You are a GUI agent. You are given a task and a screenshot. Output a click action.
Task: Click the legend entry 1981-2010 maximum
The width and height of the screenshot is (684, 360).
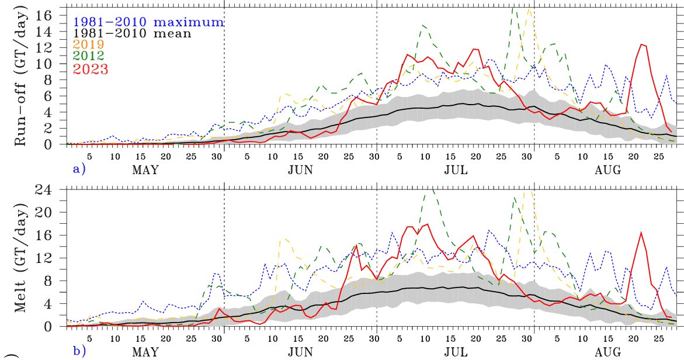point(148,22)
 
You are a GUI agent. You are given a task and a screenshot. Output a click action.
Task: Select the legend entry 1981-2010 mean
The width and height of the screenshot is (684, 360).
point(132,33)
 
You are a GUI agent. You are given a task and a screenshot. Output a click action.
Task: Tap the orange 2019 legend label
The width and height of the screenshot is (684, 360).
point(89,44)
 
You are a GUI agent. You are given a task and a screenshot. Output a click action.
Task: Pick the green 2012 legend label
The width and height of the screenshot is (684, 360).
point(89,56)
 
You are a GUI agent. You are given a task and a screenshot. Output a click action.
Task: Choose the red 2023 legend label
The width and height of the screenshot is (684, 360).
point(91,68)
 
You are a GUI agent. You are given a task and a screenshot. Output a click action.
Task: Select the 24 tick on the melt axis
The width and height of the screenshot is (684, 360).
point(53,191)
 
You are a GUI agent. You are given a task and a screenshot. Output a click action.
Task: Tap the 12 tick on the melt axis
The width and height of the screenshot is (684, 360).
point(53,258)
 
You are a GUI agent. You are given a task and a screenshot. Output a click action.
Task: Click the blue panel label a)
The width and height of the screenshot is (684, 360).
point(78,169)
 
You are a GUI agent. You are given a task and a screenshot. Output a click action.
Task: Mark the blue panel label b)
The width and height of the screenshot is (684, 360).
point(78,351)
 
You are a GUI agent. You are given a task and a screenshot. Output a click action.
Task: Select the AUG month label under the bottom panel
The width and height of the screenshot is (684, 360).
point(609,352)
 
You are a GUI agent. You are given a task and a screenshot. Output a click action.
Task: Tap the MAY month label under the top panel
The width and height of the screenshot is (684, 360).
point(146,171)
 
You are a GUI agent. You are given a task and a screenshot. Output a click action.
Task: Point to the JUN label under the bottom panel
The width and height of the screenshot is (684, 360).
point(300,352)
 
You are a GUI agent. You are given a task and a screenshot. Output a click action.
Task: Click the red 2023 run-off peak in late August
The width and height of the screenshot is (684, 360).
point(642,44)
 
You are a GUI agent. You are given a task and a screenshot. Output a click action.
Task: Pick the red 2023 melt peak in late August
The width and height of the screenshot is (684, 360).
point(641,233)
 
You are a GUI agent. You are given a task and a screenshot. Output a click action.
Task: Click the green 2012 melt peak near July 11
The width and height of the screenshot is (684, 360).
point(432,189)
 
